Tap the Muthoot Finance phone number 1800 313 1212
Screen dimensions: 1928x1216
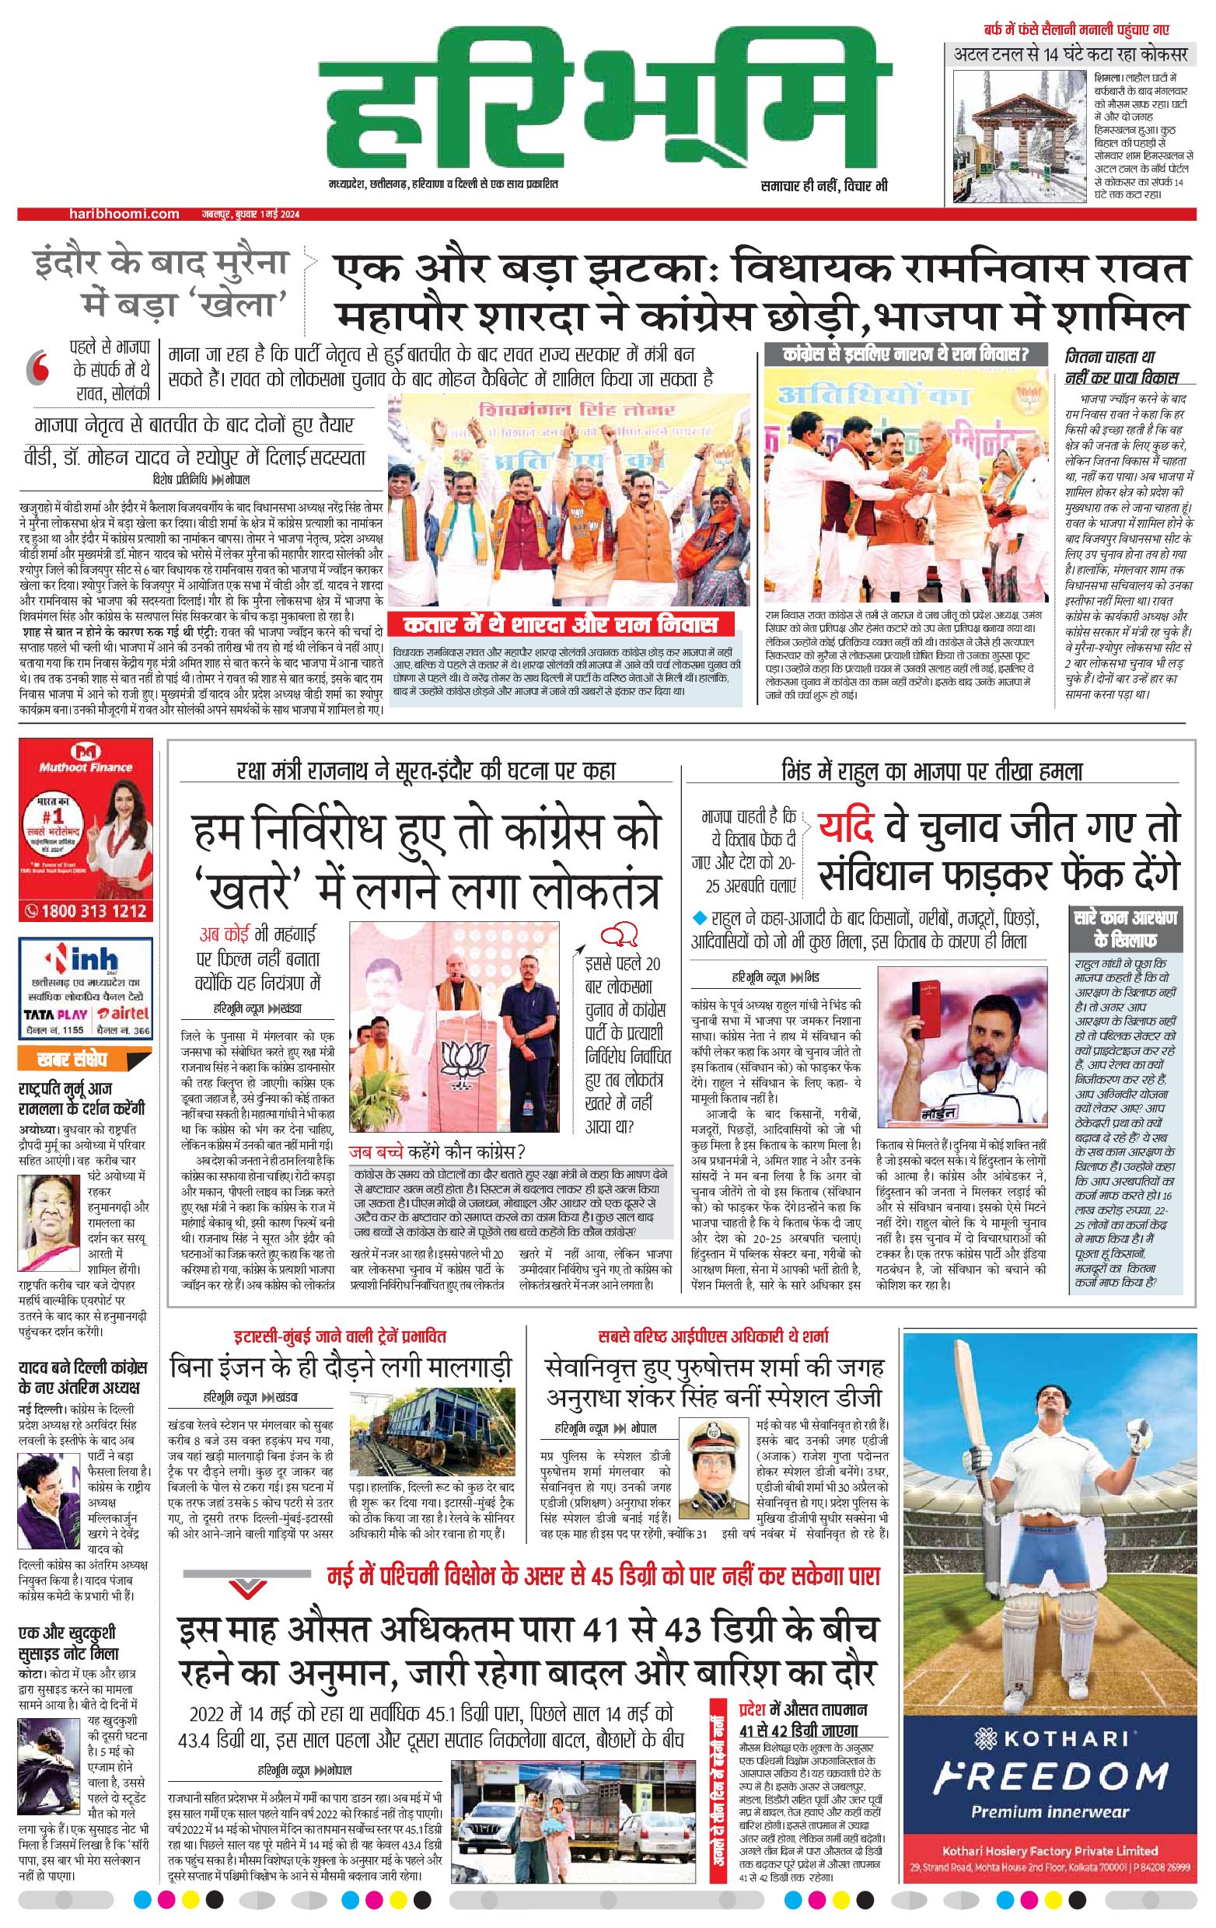(x=86, y=910)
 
